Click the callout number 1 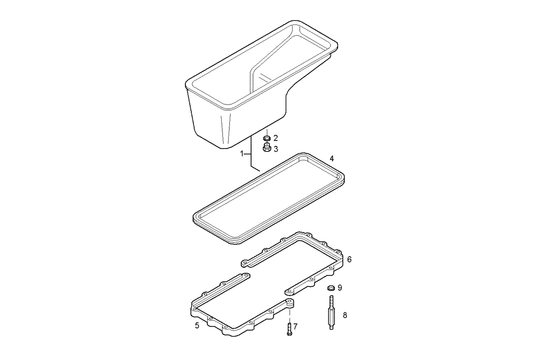[x=242, y=153]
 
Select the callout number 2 [x=276, y=138]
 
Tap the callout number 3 [x=276, y=149]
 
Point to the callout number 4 [x=332, y=159]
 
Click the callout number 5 [x=197, y=325]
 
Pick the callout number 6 [x=349, y=259]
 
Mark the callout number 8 [x=345, y=315]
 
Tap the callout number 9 [x=340, y=288]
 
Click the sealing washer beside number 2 [x=266, y=138]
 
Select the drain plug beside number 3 [x=266, y=149]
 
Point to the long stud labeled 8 [x=330, y=315]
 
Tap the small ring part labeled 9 [x=330, y=288]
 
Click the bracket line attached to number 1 [x=251, y=154]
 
